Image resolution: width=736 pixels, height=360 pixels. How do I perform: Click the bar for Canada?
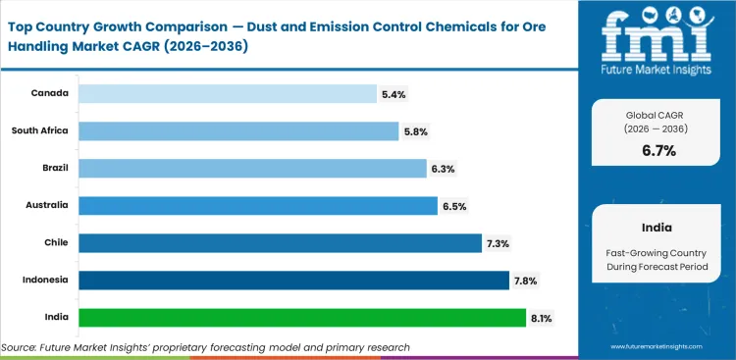tap(228, 93)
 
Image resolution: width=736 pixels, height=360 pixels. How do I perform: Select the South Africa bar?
tap(238, 130)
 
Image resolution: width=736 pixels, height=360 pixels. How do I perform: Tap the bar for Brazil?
tap(252, 168)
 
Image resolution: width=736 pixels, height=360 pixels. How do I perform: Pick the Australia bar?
tap(258, 205)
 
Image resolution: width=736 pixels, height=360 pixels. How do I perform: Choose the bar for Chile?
tap(280, 242)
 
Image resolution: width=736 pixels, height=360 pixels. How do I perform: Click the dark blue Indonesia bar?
tap(293, 280)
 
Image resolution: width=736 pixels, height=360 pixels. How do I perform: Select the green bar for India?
tap(302, 317)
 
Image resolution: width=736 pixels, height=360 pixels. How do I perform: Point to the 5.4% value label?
tap(394, 94)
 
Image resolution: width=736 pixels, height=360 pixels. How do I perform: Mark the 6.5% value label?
tap(454, 206)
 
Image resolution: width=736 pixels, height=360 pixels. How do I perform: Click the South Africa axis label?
tap(39, 130)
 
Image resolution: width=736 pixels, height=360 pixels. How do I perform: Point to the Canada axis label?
tap(49, 93)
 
